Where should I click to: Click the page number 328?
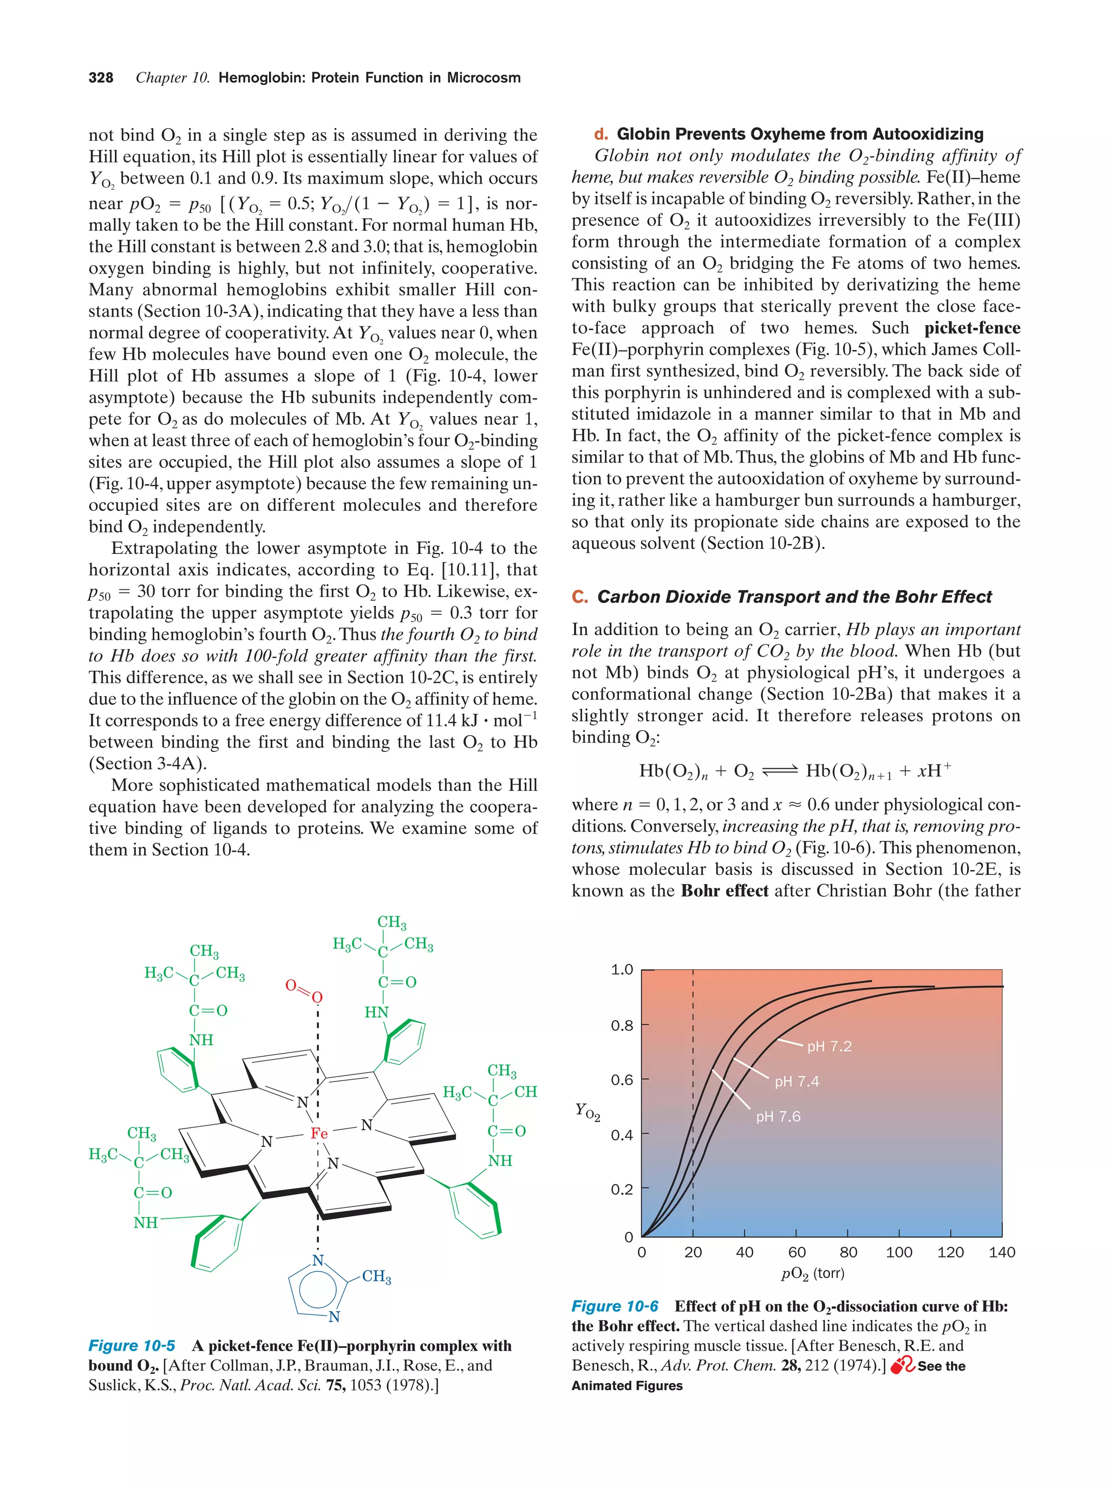pyautogui.click(x=101, y=78)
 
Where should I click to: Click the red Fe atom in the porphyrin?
pyautogui.click(x=319, y=1133)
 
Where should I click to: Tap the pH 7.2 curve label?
pyautogui.click(x=829, y=1046)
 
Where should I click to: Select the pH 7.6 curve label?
pyautogui.click(x=778, y=1117)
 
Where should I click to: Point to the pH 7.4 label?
pyautogui.click(x=797, y=1081)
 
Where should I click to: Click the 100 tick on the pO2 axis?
pyautogui.click(x=898, y=1252)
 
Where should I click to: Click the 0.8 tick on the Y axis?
pyautogui.click(x=622, y=1025)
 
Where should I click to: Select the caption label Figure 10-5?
pyautogui.click(x=132, y=1345)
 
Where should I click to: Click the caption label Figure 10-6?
pyautogui.click(x=615, y=1306)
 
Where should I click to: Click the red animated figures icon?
pyautogui.click(x=902, y=1365)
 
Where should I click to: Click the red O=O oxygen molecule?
pyautogui.click(x=304, y=990)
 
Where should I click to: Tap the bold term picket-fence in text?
pyautogui.click(x=972, y=328)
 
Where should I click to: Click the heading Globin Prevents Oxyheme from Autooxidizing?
pyautogui.click(x=799, y=134)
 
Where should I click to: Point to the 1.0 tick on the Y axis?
pyautogui.click(x=622, y=969)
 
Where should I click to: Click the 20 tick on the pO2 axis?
pyautogui.click(x=693, y=1252)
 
